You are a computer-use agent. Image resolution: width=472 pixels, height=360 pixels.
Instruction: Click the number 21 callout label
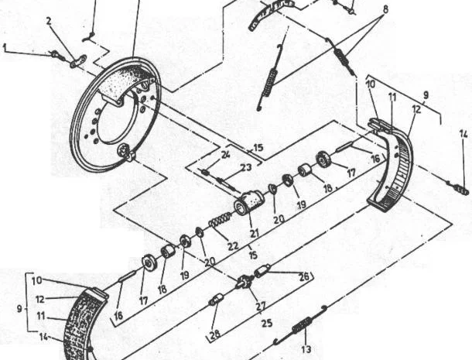click(x=255, y=233)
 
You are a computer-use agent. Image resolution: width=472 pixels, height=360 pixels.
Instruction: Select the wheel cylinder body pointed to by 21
click(x=248, y=202)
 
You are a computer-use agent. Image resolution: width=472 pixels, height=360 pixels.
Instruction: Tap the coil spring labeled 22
click(x=221, y=219)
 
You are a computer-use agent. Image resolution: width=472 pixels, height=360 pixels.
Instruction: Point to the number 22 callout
click(x=233, y=246)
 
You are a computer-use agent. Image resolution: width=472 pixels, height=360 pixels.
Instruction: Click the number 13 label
click(x=306, y=349)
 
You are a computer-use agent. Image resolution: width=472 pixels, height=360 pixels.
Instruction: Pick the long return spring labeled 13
click(x=299, y=324)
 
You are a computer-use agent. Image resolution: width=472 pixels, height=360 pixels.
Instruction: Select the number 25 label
click(x=267, y=324)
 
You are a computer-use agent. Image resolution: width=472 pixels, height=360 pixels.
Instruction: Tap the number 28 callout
click(x=215, y=334)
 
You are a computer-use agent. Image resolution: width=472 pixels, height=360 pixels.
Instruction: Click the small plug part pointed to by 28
click(x=217, y=299)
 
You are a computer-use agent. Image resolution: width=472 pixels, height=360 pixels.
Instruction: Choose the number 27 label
click(x=261, y=306)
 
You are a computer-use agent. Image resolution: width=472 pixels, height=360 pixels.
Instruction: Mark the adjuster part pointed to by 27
click(x=245, y=281)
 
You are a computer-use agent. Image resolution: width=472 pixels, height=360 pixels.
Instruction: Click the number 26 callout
click(x=304, y=276)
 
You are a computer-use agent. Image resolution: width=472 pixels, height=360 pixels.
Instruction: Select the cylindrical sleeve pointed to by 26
click(x=262, y=270)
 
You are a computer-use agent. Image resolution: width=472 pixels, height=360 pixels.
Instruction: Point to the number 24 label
click(x=225, y=155)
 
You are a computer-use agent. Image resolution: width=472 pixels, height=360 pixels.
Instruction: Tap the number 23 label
click(x=246, y=167)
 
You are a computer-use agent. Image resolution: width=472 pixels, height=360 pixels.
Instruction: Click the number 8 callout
click(x=385, y=9)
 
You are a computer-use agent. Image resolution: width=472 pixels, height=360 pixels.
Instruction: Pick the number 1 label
click(x=4, y=47)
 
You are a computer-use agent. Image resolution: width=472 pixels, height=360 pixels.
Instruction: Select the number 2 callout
click(x=49, y=21)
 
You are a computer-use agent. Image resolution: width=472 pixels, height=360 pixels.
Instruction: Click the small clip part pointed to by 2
click(x=78, y=61)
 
